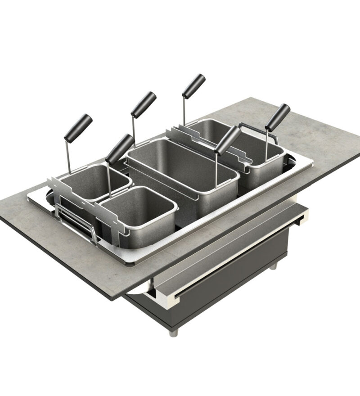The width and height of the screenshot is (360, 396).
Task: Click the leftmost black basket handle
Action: point(78,127)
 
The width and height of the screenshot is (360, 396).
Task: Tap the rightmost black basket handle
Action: point(277,117)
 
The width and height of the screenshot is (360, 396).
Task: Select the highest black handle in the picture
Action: point(193,86)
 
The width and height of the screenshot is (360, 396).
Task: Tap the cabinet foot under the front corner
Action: point(173,333)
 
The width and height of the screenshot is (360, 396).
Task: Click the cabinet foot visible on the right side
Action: point(273,266)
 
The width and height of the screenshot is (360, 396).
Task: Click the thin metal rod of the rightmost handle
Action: point(268,144)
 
